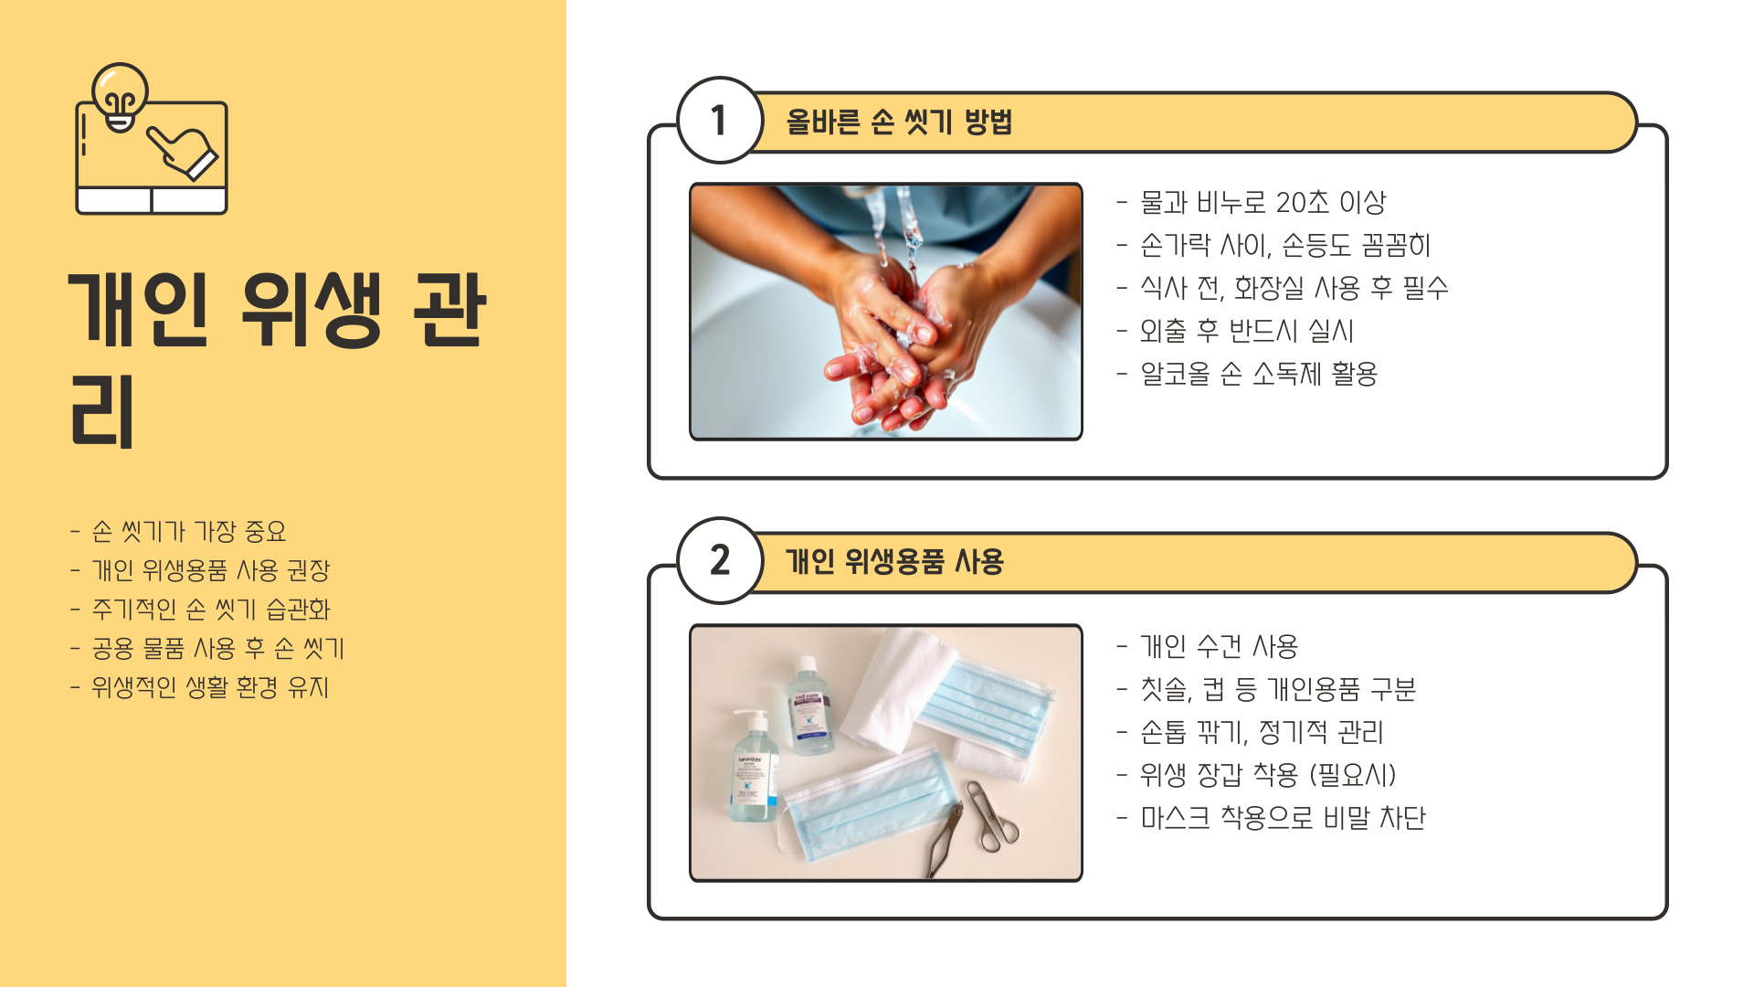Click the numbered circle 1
pyautogui.click(x=720, y=120)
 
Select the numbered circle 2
pyautogui.click(x=720, y=560)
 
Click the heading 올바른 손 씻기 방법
pyautogui.click(x=899, y=122)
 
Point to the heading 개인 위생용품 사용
pyautogui.click(x=894, y=561)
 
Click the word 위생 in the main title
pyautogui.click(x=311, y=310)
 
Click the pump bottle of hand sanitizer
pyautogui.click(x=755, y=767)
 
